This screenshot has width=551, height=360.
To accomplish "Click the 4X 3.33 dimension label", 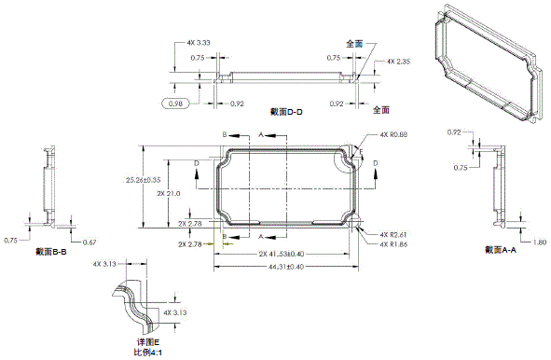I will click(197, 43).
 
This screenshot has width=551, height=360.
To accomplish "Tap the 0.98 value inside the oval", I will click(174, 104).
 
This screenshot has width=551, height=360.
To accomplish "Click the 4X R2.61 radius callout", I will click(394, 234).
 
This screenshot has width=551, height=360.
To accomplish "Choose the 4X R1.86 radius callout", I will click(394, 243).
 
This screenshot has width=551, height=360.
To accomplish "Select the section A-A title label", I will click(500, 249).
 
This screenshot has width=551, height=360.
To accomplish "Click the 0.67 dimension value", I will click(90, 242).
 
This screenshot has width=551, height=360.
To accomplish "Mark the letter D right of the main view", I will click(375, 163).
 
